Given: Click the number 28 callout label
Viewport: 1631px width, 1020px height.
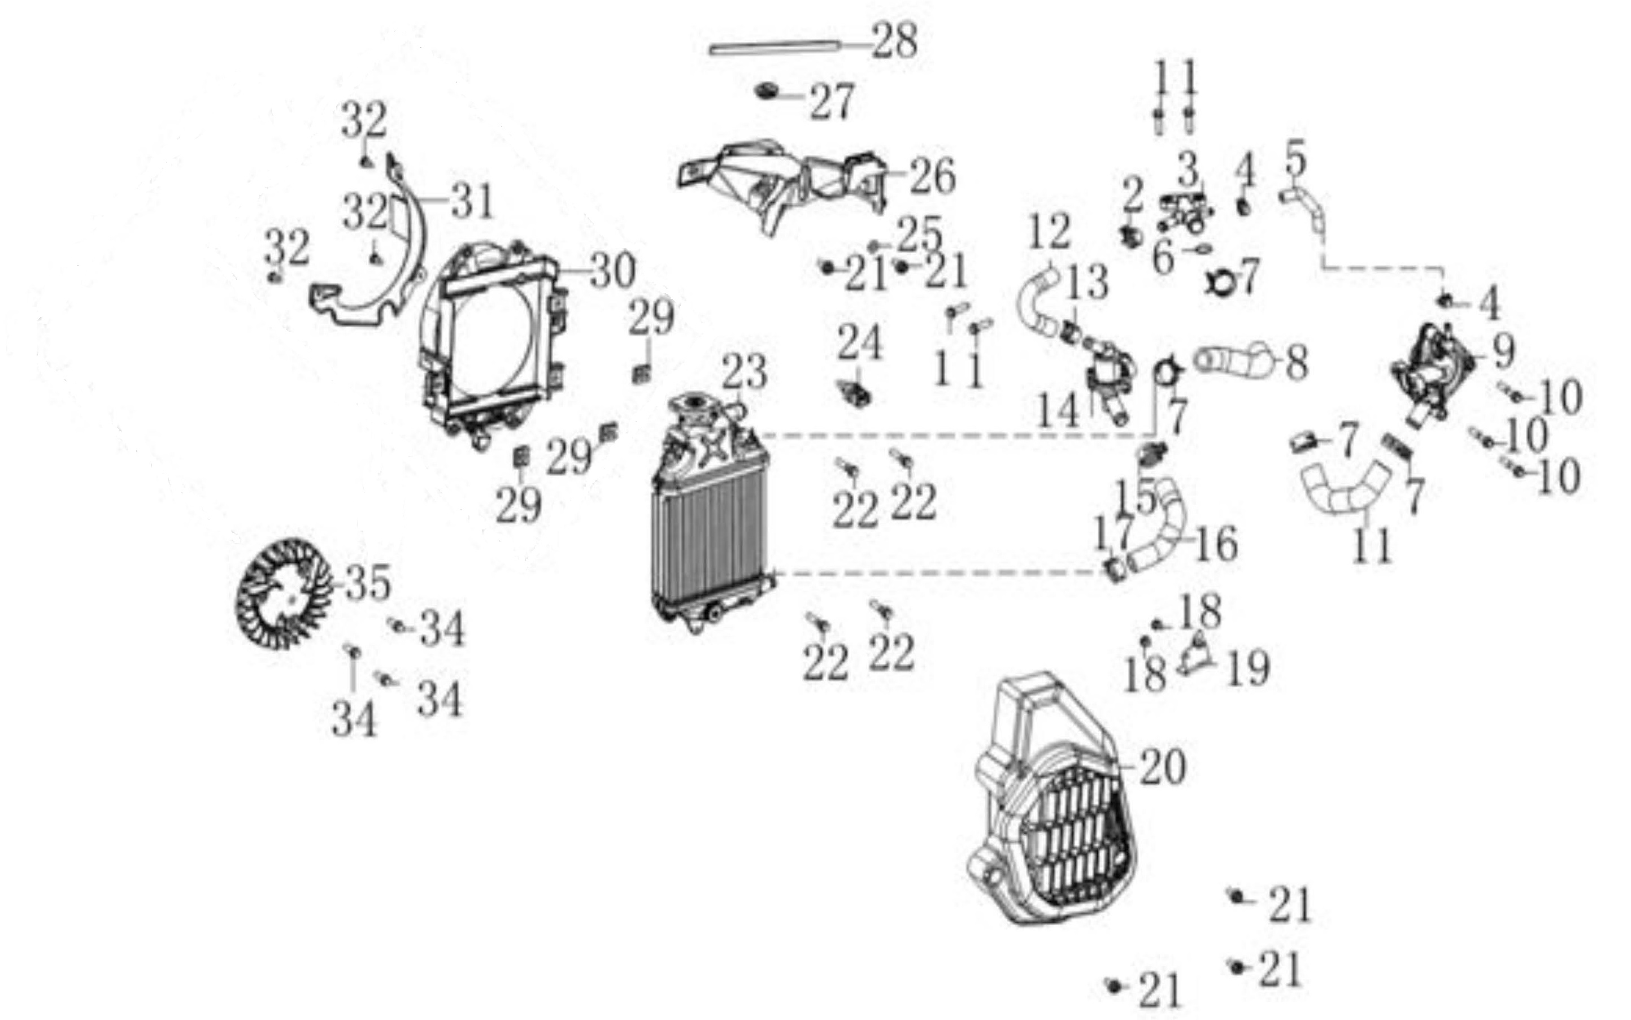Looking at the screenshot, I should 895,41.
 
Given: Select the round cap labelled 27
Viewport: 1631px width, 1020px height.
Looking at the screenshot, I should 767,91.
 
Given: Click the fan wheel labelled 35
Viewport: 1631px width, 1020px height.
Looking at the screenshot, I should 284,594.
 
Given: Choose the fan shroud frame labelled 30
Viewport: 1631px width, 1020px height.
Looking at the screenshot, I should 492,344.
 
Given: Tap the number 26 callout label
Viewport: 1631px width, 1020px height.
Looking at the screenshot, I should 933,177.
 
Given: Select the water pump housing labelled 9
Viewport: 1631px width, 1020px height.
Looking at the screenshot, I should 1433,371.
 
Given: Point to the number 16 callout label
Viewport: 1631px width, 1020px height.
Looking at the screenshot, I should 1216,544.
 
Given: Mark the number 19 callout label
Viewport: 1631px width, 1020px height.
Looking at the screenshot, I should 1248,669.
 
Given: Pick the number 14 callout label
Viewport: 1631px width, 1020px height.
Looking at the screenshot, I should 1057,410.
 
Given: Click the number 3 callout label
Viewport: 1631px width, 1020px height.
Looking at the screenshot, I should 1188,168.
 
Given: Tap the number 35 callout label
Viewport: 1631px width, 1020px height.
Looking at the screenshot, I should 368,583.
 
